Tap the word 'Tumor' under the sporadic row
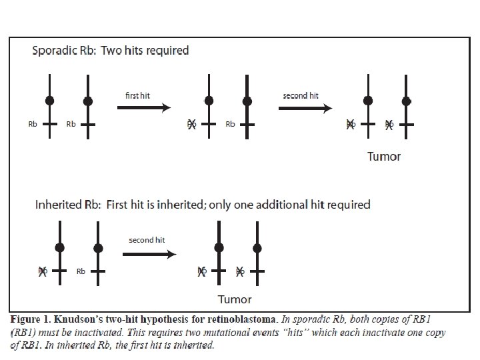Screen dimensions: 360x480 pyautogui.click(x=384, y=157)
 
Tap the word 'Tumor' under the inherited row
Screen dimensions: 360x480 pyautogui.click(x=235, y=299)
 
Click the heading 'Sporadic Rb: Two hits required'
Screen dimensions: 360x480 pyautogui.click(x=111, y=51)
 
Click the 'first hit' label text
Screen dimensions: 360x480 pyautogui.click(x=137, y=95)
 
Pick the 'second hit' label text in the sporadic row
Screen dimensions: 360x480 pyautogui.click(x=301, y=95)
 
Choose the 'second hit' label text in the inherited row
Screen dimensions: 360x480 pyautogui.click(x=147, y=240)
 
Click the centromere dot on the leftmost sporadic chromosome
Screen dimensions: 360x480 pyautogui.click(x=49, y=101)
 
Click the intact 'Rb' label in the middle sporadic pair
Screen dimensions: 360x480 pyautogui.click(x=230, y=124)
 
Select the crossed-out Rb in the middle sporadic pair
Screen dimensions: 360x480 pyautogui.click(x=192, y=124)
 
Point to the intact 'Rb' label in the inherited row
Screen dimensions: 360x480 pyautogui.click(x=81, y=271)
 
